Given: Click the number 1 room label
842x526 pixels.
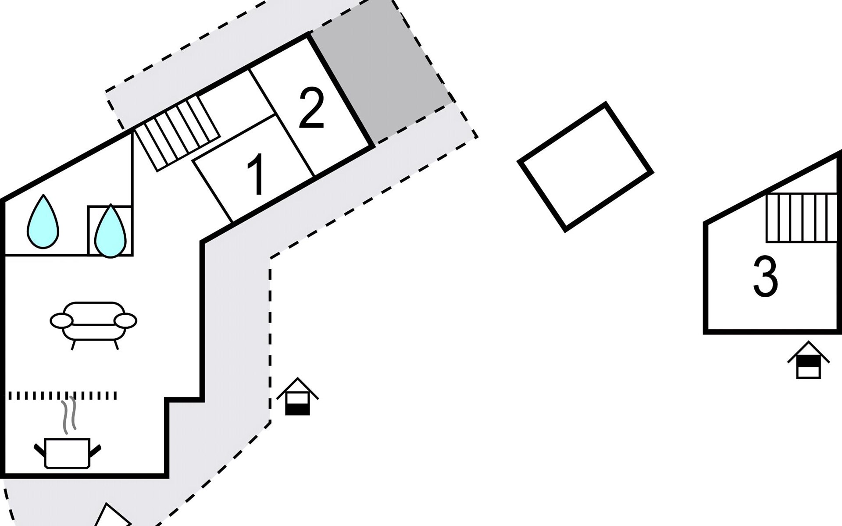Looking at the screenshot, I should [x=256, y=174].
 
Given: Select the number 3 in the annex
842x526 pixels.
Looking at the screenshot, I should [x=765, y=277].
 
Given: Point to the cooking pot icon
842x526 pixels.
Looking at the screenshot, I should [x=67, y=453].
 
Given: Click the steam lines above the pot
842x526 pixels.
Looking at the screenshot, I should [x=69, y=414].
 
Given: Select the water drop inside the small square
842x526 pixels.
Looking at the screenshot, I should [x=110, y=231].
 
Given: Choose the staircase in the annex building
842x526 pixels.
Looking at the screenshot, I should [x=802, y=218].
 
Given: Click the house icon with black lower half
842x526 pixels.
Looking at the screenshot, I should [x=298, y=397].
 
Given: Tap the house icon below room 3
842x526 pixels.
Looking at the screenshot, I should [x=808, y=360].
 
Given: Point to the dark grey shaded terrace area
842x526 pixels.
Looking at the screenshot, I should [x=382, y=72].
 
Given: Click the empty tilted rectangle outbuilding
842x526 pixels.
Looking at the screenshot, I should [x=585, y=167].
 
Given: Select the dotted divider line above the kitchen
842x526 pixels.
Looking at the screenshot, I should [x=63, y=396].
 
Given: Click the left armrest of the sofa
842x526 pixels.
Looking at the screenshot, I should [x=61, y=320].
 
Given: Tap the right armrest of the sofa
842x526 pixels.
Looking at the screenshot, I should [x=125, y=320].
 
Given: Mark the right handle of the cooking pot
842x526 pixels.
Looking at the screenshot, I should [x=96, y=449].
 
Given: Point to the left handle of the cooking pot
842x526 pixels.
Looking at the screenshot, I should [x=39, y=449].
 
